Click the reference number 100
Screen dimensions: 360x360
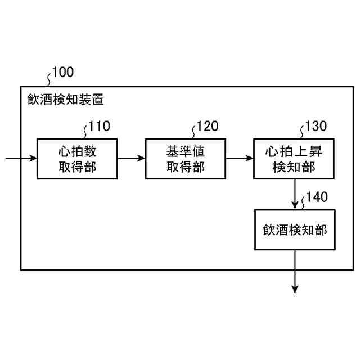point(62,72)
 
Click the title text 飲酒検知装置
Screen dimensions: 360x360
point(65,100)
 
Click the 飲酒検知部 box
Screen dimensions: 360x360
point(294,229)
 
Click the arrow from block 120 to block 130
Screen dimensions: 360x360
point(240,158)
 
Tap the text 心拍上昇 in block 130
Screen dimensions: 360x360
point(294,150)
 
